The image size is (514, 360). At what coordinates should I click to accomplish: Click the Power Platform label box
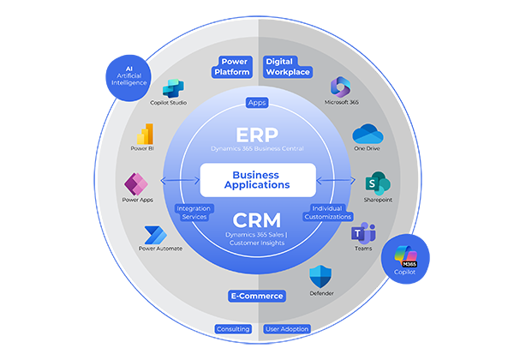(234, 67)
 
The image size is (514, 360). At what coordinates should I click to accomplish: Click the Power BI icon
(145, 135)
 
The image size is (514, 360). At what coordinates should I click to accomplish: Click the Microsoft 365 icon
(341, 87)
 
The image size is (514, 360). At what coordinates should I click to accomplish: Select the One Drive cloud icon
(366, 135)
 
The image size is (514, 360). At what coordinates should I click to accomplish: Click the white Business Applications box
(257, 179)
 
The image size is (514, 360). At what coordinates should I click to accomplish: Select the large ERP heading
(257, 135)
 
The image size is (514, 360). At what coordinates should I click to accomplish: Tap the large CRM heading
(257, 219)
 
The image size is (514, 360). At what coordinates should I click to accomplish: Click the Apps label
(257, 103)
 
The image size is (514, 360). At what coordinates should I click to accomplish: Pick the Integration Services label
(193, 213)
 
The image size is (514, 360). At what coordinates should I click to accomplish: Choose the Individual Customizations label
(326, 213)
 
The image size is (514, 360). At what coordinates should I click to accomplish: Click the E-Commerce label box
(257, 296)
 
